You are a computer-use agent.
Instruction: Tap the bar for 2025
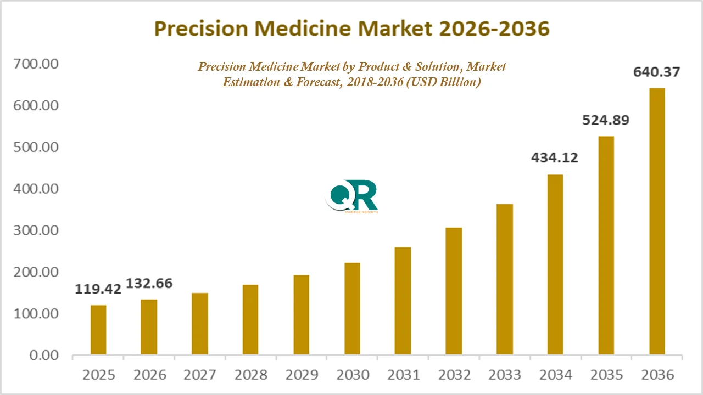coord(98,330)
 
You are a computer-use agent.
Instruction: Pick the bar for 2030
coord(352,308)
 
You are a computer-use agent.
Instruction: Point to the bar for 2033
coord(505,279)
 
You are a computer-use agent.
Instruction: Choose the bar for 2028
coord(250,319)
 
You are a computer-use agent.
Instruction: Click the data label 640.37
coord(657,72)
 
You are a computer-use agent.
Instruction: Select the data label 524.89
coord(606,120)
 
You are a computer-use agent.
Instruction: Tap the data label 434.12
coord(555,158)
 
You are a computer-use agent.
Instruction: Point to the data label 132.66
coord(149,284)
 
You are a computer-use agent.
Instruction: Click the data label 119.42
coord(98,289)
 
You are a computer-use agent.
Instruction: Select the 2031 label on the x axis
coord(403,375)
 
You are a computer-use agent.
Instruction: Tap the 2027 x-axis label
coord(200,375)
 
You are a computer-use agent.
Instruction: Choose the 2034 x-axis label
coord(555,375)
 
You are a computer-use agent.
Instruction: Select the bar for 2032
coord(454,291)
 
